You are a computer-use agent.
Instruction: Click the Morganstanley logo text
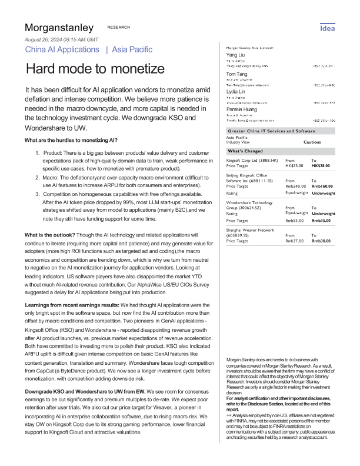[x=59, y=28]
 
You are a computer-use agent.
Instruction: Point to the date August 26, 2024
[x=56, y=39]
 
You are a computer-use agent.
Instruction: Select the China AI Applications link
[x=62, y=49]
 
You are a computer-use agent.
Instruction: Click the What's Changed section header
[x=248, y=151]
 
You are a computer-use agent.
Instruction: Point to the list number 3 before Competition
[x=38, y=177]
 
